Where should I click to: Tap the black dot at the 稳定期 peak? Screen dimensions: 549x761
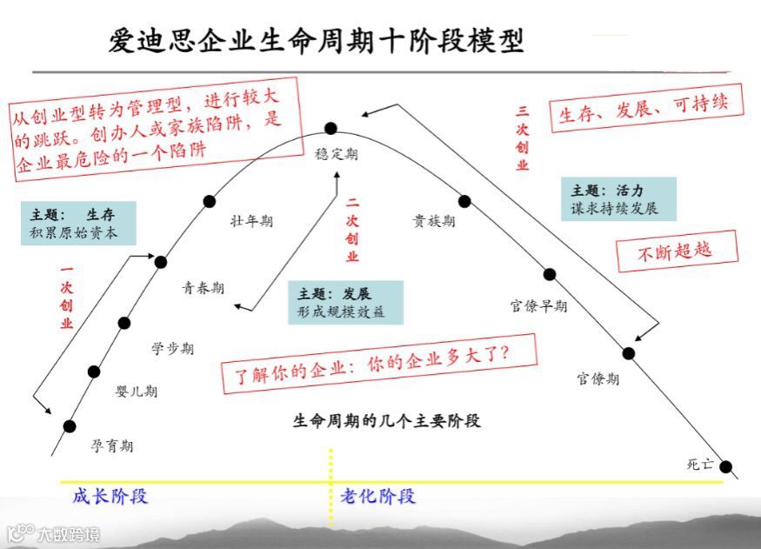click(x=330, y=129)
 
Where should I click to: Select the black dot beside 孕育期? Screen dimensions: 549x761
click(x=70, y=425)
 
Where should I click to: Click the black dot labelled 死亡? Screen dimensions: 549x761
click(x=725, y=466)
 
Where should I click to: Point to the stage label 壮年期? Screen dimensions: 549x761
click(x=251, y=221)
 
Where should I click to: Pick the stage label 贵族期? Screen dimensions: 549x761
click(x=433, y=221)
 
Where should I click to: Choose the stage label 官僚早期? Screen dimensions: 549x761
click(x=538, y=306)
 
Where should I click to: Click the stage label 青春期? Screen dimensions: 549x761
click(x=203, y=288)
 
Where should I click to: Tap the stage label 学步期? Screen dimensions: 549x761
click(x=172, y=349)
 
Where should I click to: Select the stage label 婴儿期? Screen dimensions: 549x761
click(x=137, y=392)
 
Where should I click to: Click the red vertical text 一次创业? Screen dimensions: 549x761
click(x=67, y=298)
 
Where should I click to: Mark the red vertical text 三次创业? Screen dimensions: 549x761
click(x=522, y=138)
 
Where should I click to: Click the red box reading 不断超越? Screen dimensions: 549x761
click(x=676, y=251)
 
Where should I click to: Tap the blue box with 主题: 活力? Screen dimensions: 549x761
click(x=617, y=199)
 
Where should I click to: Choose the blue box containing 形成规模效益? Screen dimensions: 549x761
click(x=346, y=303)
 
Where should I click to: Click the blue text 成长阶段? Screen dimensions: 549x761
click(x=110, y=497)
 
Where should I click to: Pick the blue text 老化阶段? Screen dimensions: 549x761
click(x=372, y=497)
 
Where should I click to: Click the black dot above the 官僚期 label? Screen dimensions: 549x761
click(x=629, y=352)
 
